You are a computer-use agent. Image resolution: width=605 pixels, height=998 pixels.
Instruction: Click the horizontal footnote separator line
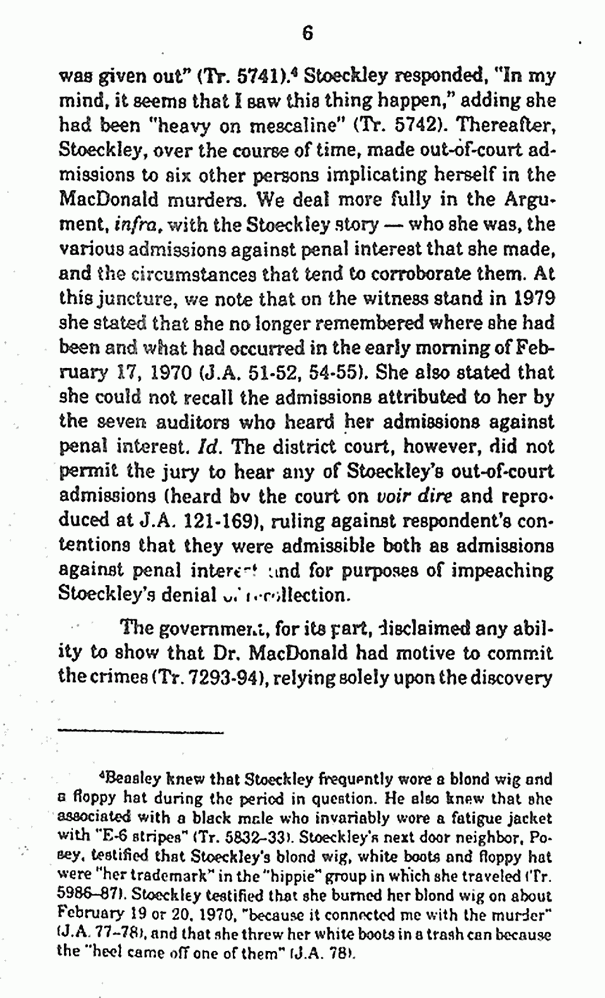(141, 733)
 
